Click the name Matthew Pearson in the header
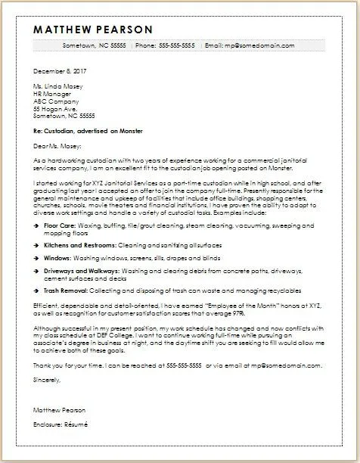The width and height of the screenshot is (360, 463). [x=94, y=30]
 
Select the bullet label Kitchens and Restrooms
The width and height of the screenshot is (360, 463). [x=79, y=225]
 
